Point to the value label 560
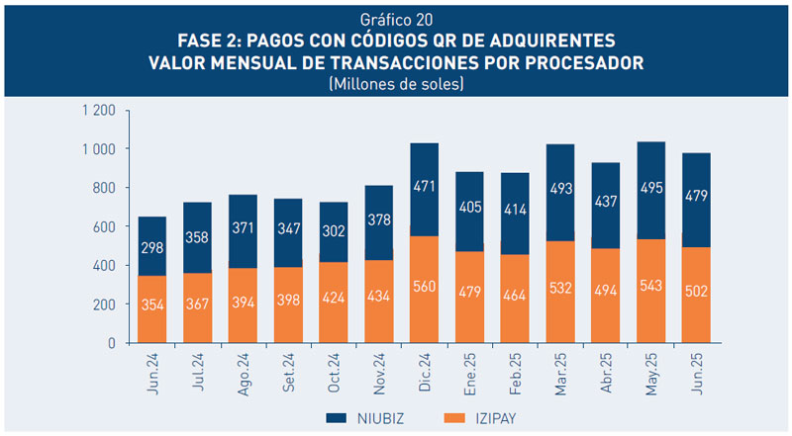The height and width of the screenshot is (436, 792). pos(425,303)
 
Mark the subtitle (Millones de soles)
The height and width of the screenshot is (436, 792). pos(396,84)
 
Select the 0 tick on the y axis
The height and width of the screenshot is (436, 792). pos(112,343)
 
